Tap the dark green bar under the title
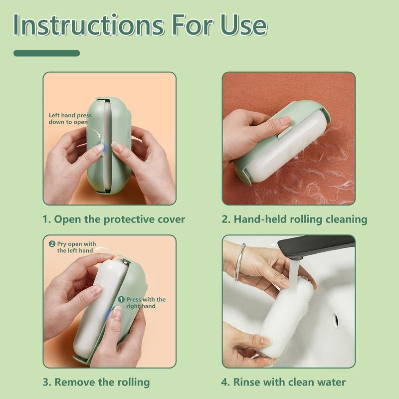pyautogui.click(x=46, y=53)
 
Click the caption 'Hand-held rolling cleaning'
pyautogui.click(x=294, y=219)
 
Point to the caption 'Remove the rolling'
pyautogui.click(x=96, y=382)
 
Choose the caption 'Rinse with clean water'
pyautogui.click(x=283, y=382)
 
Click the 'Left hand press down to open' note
pyautogui.click(x=70, y=119)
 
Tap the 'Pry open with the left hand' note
pyautogui.click(x=75, y=247)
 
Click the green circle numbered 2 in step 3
pyautogui.click(x=52, y=244)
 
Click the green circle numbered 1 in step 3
pyautogui.click(x=121, y=299)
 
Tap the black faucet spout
pyautogui.click(x=314, y=247)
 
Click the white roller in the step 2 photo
pyautogui.click(x=279, y=155)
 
